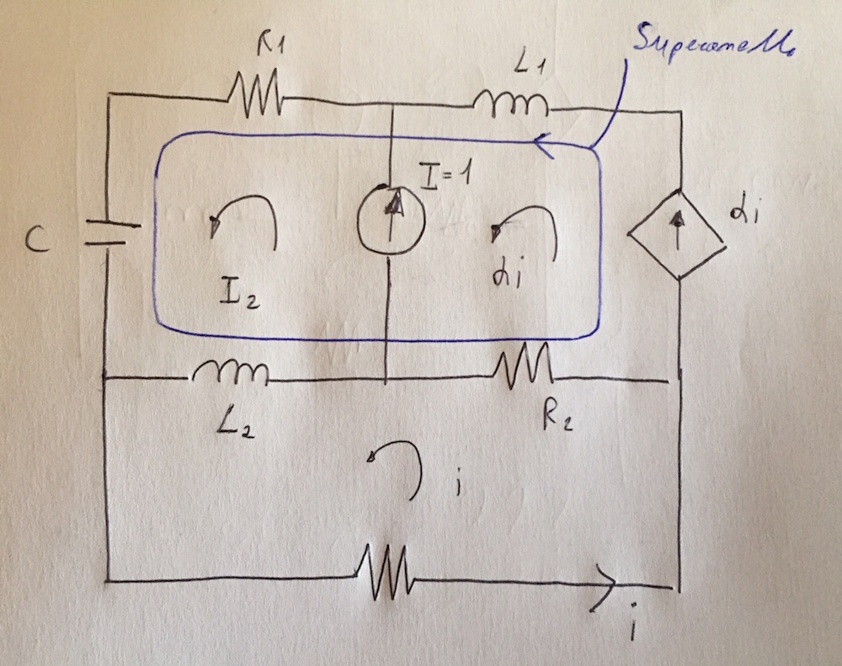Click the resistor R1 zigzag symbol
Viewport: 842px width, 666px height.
point(255,95)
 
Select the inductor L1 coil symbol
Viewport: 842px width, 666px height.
point(510,104)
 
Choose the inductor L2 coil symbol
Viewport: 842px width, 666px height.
point(230,371)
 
